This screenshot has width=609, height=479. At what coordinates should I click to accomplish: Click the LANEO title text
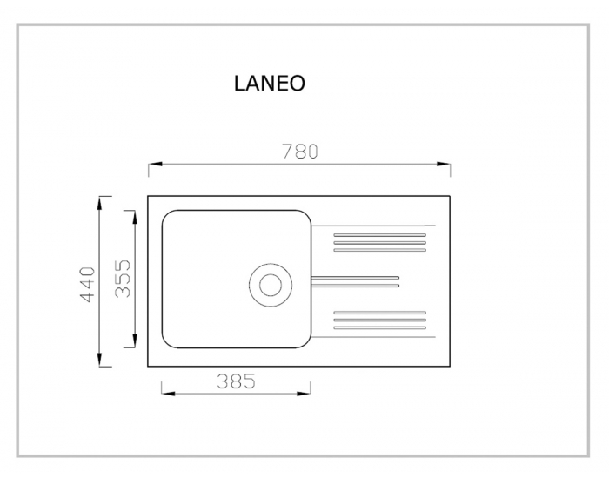tap(269, 84)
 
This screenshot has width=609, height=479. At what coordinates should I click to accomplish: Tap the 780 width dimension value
tap(300, 152)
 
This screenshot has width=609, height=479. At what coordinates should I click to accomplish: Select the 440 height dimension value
tap(87, 285)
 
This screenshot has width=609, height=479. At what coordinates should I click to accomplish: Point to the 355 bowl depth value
tap(124, 279)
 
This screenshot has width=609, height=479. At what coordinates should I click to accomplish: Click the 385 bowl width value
tap(236, 381)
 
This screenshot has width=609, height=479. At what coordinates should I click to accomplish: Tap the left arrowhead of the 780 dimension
tap(155, 164)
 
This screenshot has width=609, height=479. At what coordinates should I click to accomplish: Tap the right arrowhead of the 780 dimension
tap(444, 164)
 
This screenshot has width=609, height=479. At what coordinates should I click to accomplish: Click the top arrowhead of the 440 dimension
tap(100, 203)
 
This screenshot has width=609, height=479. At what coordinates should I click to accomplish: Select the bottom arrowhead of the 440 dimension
tap(100, 359)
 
